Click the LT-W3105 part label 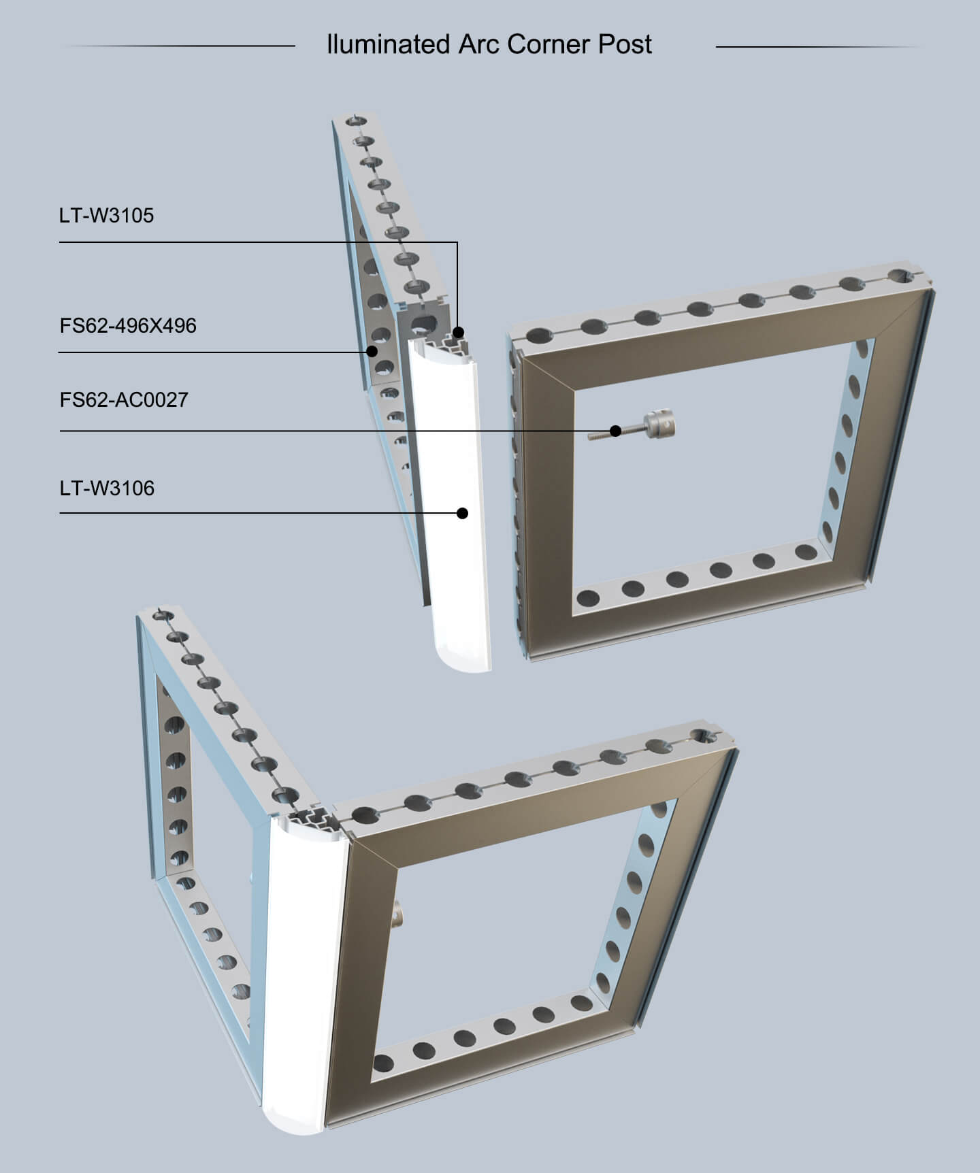click(106, 216)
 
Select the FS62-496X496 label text click(128, 326)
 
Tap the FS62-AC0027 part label click(124, 399)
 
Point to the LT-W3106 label click(107, 489)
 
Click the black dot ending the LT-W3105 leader click(458, 333)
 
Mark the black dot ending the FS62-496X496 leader click(372, 352)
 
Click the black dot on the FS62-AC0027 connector click(615, 431)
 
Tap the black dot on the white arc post click(463, 513)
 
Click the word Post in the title click(625, 45)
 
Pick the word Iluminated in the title click(388, 45)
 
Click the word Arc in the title click(478, 45)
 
